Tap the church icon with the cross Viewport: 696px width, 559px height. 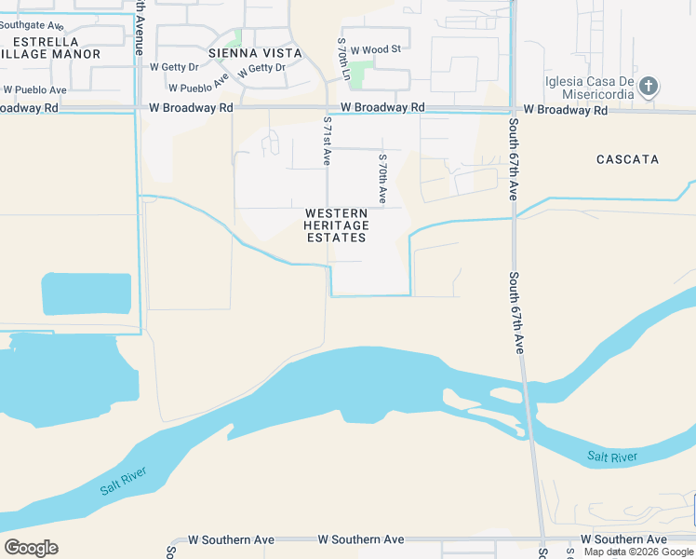click(x=649, y=88)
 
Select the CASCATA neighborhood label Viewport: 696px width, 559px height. click(x=627, y=159)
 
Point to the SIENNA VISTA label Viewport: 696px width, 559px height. click(x=256, y=53)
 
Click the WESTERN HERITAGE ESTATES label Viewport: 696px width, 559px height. click(x=337, y=225)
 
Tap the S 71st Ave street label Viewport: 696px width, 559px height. click(x=327, y=141)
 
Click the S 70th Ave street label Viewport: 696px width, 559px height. click(x=381, y=178)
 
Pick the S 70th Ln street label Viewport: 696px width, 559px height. click(x=342, y=58)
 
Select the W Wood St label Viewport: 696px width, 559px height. click(x=375, y=48)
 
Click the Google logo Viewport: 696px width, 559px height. click(x=31, y=548)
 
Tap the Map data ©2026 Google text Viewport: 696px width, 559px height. click(x=638, y=552)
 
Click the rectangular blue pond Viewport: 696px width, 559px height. click(x=87, y=293)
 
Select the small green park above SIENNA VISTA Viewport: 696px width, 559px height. click(x=237, y=36)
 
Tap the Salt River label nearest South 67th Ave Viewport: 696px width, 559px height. click(x=612, y=457)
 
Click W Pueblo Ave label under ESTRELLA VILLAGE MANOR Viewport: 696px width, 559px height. click(x=34, y=90)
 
